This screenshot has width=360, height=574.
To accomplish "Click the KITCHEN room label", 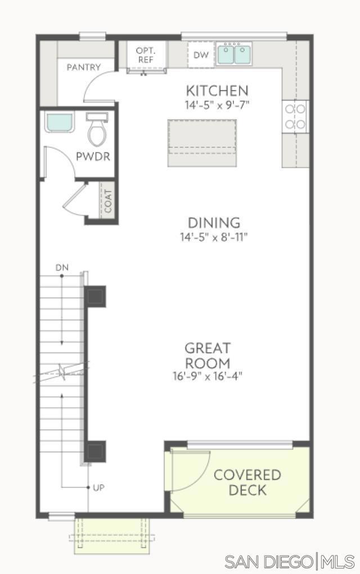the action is [x=217, y=91].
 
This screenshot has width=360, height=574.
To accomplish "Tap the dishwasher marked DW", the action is [x=201, y=55].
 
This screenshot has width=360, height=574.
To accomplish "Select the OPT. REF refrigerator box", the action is [x=145, y=55].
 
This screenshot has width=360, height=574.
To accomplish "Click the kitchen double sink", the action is [x=234, y=54].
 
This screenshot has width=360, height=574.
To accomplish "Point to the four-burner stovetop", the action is [x=295, y=117].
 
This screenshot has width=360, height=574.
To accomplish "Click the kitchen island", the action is [x=202, y=143].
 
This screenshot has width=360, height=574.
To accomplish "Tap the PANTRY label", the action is [x=84, y=67].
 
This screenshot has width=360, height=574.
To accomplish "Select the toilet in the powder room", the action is [x=97, y=130].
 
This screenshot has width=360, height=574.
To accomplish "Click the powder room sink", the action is [x=60, y=123].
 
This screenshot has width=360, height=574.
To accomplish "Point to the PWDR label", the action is [x=93, y=157].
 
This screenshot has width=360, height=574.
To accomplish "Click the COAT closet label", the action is [x=108, y=201].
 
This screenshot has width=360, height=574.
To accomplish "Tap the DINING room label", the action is [x=214, y=223].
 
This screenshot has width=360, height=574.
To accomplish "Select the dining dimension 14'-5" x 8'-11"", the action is [x=214, y=237].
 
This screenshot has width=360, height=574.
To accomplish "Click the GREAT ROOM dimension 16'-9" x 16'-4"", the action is [x=208, y=376].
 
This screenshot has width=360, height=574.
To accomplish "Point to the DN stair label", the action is [x=62, y=268].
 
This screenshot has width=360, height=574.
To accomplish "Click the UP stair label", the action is [x=99, y=487].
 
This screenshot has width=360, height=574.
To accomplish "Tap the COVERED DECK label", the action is [x=247, y=482].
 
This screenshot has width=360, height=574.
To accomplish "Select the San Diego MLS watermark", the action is [x=290, y=562].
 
